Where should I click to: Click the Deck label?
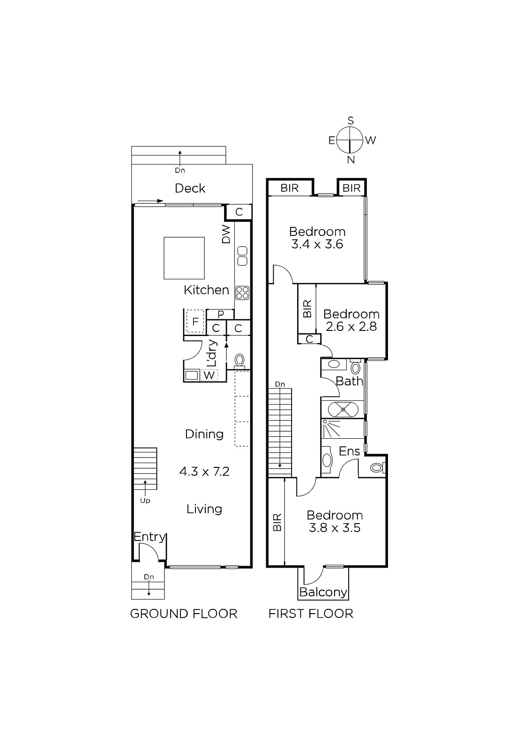click(x=190, y=188)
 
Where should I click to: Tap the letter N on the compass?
click(x=351, y=160)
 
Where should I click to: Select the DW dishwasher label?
click(x=227, y=234)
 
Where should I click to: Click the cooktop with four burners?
click(x=242, y=293)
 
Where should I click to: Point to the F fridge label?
click(x=195, y=322)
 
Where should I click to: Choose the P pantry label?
click(x=220, y=315)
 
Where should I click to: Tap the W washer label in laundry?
click(x=209, y=375)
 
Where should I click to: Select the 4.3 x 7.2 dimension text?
click(x=204, y=472)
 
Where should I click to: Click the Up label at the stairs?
click(x=145, y=501)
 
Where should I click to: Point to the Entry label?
click(x=149, y=537)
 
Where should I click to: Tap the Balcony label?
click(x=323, y=592)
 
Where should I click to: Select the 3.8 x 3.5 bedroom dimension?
click(x=335, y=528)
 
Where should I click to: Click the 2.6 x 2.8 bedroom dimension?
click(x=351, y=326)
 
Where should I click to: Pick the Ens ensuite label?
click(x=349, y=451)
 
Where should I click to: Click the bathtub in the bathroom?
click(x=343, y=409)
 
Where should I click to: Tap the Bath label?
click(x=349, y=381)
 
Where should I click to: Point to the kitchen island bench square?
click(x=184, y=258)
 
